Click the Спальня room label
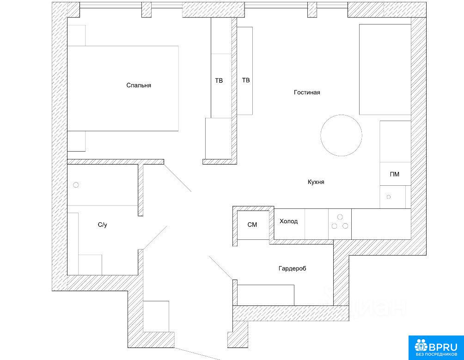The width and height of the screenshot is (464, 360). pyautogui.click(x=139, y=85)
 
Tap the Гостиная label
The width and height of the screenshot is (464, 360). pyautogui.click(x=307, y=92)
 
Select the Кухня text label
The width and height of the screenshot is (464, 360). pyautogui.click(x=316, y=182)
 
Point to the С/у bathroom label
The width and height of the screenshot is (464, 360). pyautogui.click(x=103, y=225)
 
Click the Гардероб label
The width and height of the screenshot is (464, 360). pyautogui.click(x=293, y=268)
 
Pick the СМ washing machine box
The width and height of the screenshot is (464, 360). pyautogui.click(x=253, y=225)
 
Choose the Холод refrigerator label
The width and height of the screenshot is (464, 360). pyautogui.click(x=288, y=221)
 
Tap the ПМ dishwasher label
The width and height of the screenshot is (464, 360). pyautogui.click(x=395, y=174)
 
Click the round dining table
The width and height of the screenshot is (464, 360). pyautogui.click(x=341, y=135)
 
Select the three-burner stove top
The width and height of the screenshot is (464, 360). pyautogui.click(x=340, y=224)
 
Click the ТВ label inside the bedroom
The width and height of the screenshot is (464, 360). pyautogui.click(x=219, y=80)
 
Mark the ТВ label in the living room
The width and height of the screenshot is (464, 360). pyautogui.click(x=245, y=80)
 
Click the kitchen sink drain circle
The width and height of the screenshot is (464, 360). pyautogui.click(x=389, y=197)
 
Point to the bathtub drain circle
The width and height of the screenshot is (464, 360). pyautogui.click(x=76, y=185)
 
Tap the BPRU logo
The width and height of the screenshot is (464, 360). pyautogui.click(x=436, y=346)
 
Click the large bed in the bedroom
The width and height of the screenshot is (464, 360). pyautogui.click(x=123, y=88)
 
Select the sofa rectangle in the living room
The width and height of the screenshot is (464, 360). pyautogui.click(x=385, y=69)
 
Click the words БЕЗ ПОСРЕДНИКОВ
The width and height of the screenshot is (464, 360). pyautogui.click(x=436, y=354)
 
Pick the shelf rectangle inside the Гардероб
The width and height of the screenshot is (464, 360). pyautogui.click(x=266, y=295)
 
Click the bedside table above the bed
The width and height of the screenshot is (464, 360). pyautogui.click(x=77, y=36)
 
